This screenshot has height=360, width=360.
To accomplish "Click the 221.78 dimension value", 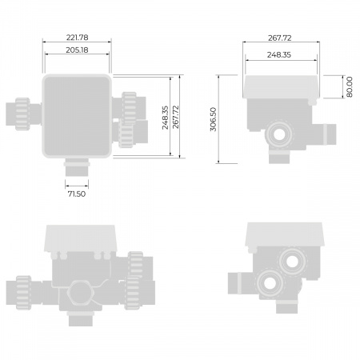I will click(78, 38).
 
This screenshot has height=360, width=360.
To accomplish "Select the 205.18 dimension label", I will click(78, 50).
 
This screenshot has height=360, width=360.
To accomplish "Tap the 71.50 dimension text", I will click(78, 193).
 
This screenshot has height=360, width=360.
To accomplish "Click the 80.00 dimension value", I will click(349, 85).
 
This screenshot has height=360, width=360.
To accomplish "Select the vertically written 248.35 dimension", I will click(165, 118).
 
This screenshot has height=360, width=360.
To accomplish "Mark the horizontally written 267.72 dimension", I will click(281, 38).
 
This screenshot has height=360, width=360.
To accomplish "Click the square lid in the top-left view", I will click(78, 116).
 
